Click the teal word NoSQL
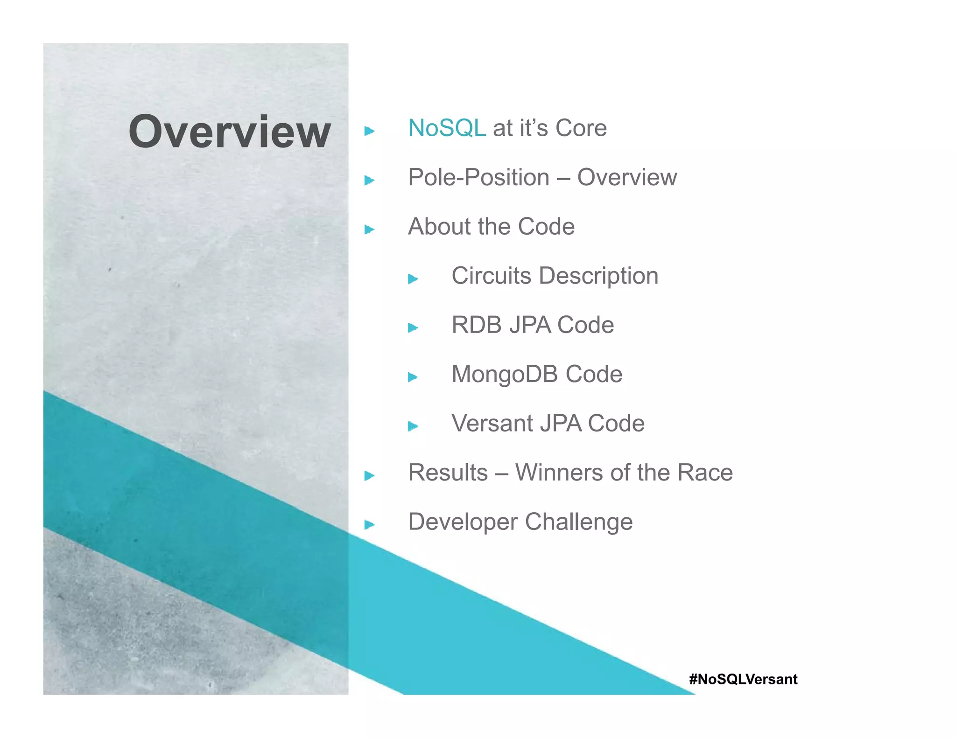pos(447,128)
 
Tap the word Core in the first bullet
pos(581,128)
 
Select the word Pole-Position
pos(478,178)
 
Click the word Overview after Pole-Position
pos(627,178)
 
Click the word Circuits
pos(491,276)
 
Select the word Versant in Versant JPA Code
pos(492,424)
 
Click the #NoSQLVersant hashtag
pos(743,679)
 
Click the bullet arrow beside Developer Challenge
pos(369,525)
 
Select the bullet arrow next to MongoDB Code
pos(413,377)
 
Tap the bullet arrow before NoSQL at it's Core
pos(369,131)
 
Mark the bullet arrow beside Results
pos(369,476)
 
